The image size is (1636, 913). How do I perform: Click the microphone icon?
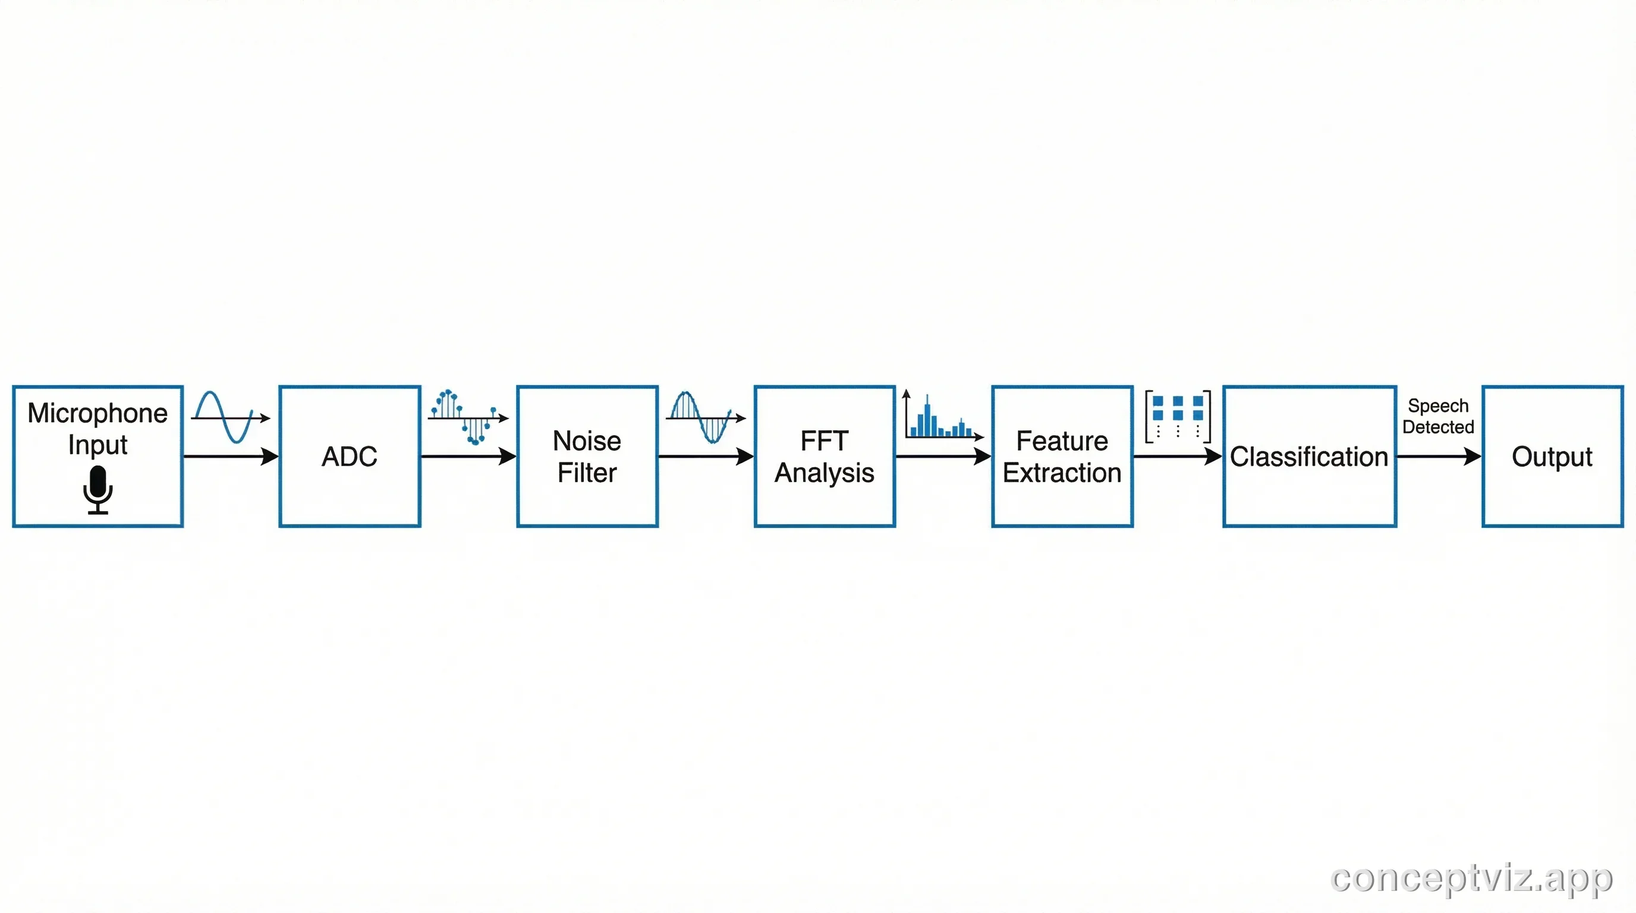click(98, 489)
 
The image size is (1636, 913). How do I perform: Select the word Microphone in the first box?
click(98, 413)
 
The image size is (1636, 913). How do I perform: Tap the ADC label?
click(350, 456)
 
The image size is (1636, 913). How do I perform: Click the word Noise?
click(587, 440)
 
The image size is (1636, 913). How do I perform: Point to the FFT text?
click(825, 440)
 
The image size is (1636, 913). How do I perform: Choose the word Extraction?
click(1062, 473)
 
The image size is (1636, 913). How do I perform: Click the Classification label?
click(1309, 456)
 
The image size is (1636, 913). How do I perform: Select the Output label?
click(1552, 456)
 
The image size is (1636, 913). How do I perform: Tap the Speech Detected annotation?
click(1438, 417)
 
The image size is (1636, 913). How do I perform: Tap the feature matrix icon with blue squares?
click(1178, 417)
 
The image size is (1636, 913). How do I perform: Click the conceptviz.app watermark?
click(1471, 879)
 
